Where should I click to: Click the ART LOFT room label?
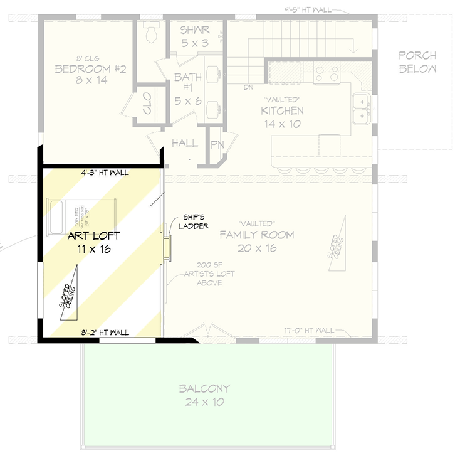pos(94,243)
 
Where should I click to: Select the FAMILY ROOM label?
pos(257,241)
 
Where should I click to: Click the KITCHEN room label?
pos(282,117)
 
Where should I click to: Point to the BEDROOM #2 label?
pos(91,74)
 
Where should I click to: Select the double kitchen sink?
pos(360,108)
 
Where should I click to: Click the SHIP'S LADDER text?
pos(194,221)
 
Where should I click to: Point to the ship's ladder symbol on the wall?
pos(167,246)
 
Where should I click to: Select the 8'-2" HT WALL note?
pos(105,333)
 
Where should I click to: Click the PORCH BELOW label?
pos(417,62)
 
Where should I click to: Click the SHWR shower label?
pos(194,35)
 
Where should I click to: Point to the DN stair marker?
pos(248,87)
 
